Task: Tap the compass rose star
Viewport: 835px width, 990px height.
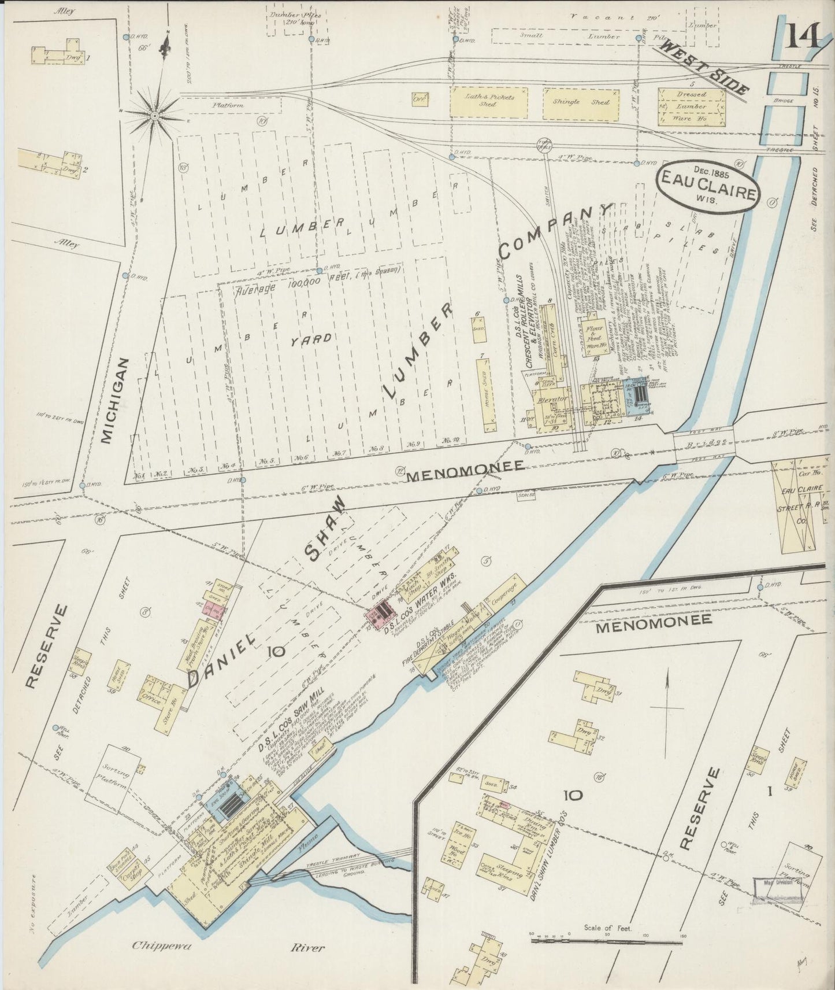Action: [x=155, y=116]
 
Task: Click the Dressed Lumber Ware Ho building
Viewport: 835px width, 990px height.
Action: [x=691, y=106]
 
